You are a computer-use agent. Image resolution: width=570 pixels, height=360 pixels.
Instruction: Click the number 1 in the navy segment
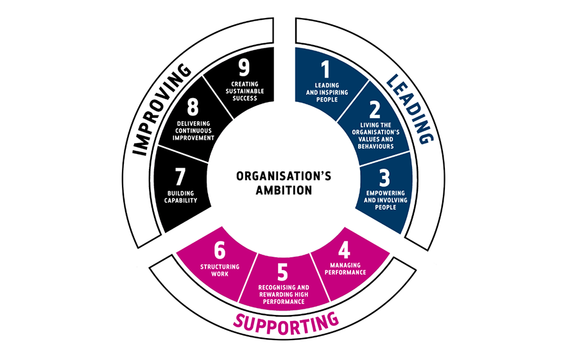(x=325, y=69)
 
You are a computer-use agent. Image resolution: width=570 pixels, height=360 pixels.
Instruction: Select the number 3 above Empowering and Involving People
(x=383, y=176)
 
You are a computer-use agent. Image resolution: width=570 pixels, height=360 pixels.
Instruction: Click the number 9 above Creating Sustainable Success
(x=243, y=69)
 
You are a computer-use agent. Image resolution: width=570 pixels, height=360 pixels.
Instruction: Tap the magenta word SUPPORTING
(x=286, y=320)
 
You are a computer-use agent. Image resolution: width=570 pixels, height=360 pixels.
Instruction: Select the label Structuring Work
(x=220, y=270)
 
